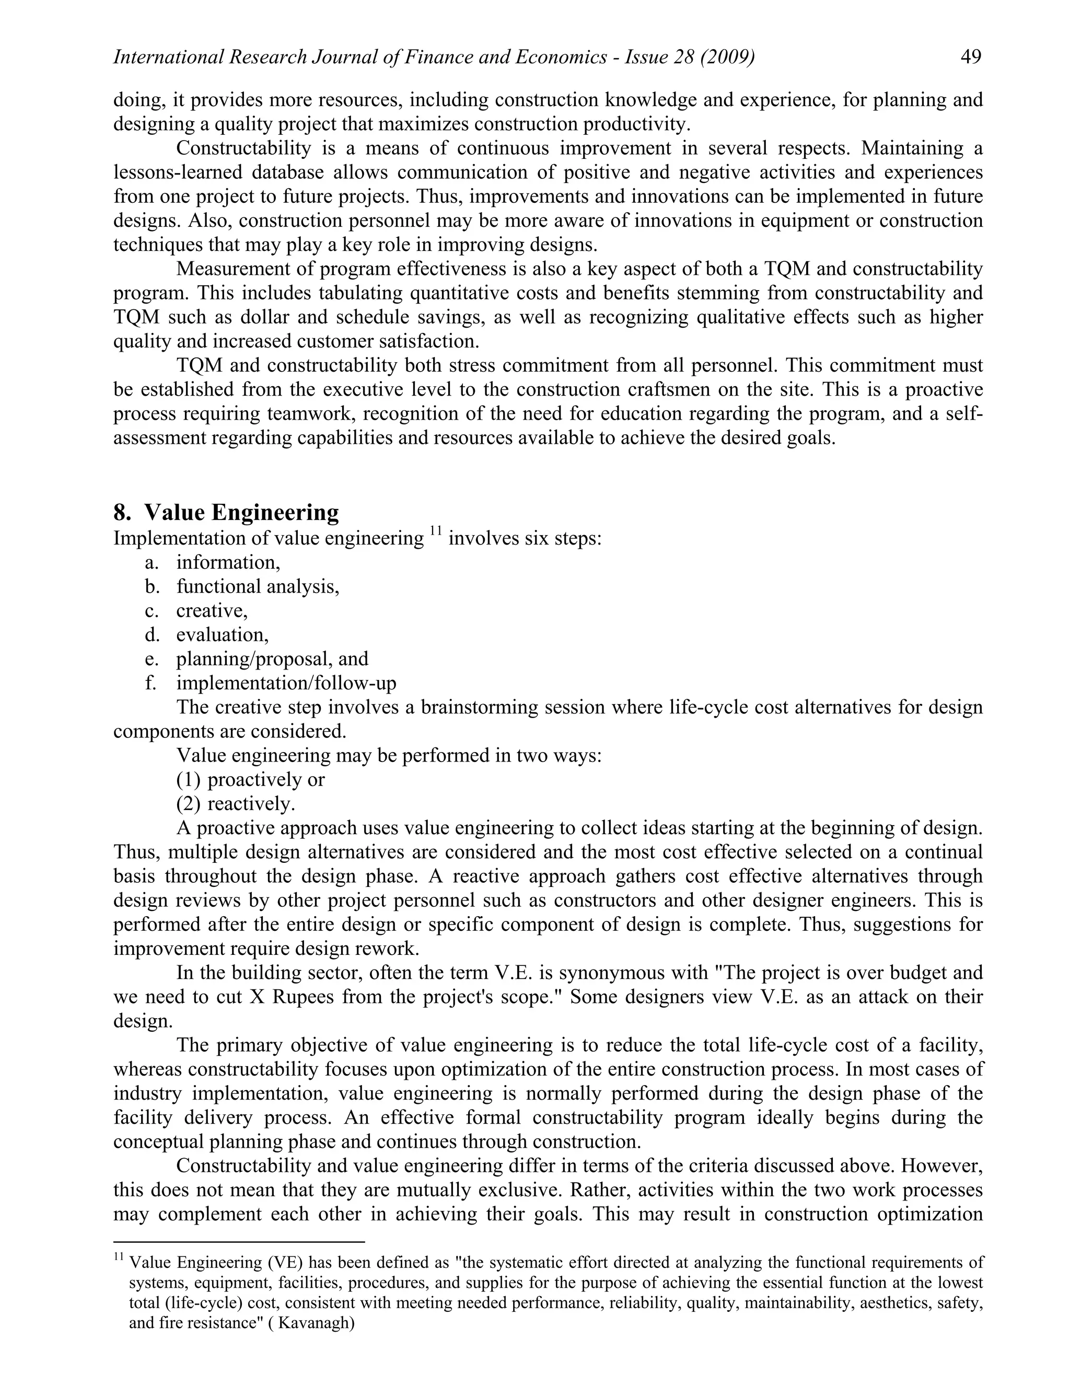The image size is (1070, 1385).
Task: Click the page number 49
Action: (x=971, y=57)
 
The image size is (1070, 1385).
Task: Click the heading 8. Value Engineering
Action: (x=226, y=512)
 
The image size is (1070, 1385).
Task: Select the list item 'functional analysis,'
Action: (x=258, y=586)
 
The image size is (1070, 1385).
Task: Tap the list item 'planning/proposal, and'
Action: (x=272, y=659)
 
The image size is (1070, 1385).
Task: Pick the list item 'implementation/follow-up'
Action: (x=286, y=683)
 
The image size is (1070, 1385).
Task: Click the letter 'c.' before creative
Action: (x=152, y=610)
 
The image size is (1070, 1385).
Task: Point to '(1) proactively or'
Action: (x=250, y=779)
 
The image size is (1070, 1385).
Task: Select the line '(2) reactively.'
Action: (x=235, y=803)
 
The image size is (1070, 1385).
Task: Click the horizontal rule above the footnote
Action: (x=239, y=1242)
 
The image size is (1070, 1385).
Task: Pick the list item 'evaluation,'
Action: (x=222, y=635)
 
